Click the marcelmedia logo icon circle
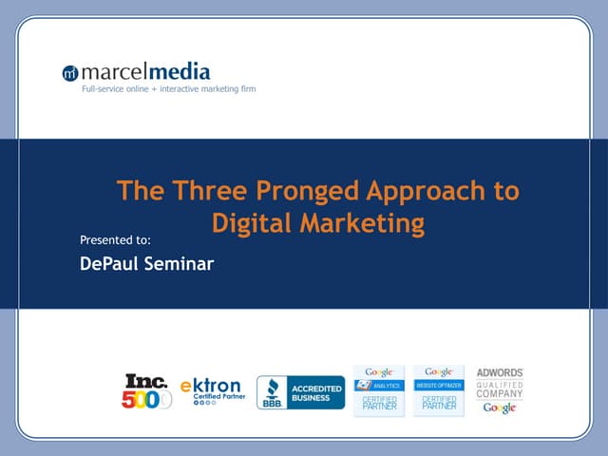(70, 73)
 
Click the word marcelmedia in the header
(144, 72)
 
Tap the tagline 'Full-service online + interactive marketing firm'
(167, 89)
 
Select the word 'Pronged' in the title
(282, 191)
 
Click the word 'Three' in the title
(194, 191)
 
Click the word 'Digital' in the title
(249, 224)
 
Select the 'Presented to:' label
(116, 239)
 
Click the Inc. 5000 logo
(146, 390)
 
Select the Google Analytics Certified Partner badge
(379, 389)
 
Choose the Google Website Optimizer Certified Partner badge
(438, 389)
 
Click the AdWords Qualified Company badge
(500, 389)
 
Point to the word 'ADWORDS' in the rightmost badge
(500, 372)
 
